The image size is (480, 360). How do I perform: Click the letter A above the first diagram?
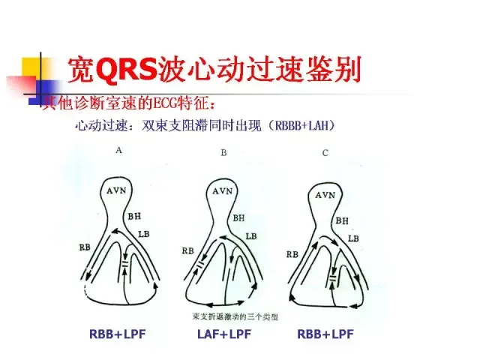pos(119,150)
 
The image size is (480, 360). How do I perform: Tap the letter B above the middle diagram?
pos(223,153)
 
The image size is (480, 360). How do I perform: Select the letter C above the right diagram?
pos(325,153)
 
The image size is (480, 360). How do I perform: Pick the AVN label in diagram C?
pos(325,195)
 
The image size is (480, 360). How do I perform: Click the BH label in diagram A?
pos(134,216)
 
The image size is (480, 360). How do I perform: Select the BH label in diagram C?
pos(341,220)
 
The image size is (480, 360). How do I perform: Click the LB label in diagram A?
pos(144,234)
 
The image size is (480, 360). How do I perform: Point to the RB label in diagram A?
pos(84,247)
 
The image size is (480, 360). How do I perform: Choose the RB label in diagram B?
pos(188,250)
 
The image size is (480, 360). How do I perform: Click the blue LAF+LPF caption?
pos(223,334)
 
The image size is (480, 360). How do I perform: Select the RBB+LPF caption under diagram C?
pos(325,334)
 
